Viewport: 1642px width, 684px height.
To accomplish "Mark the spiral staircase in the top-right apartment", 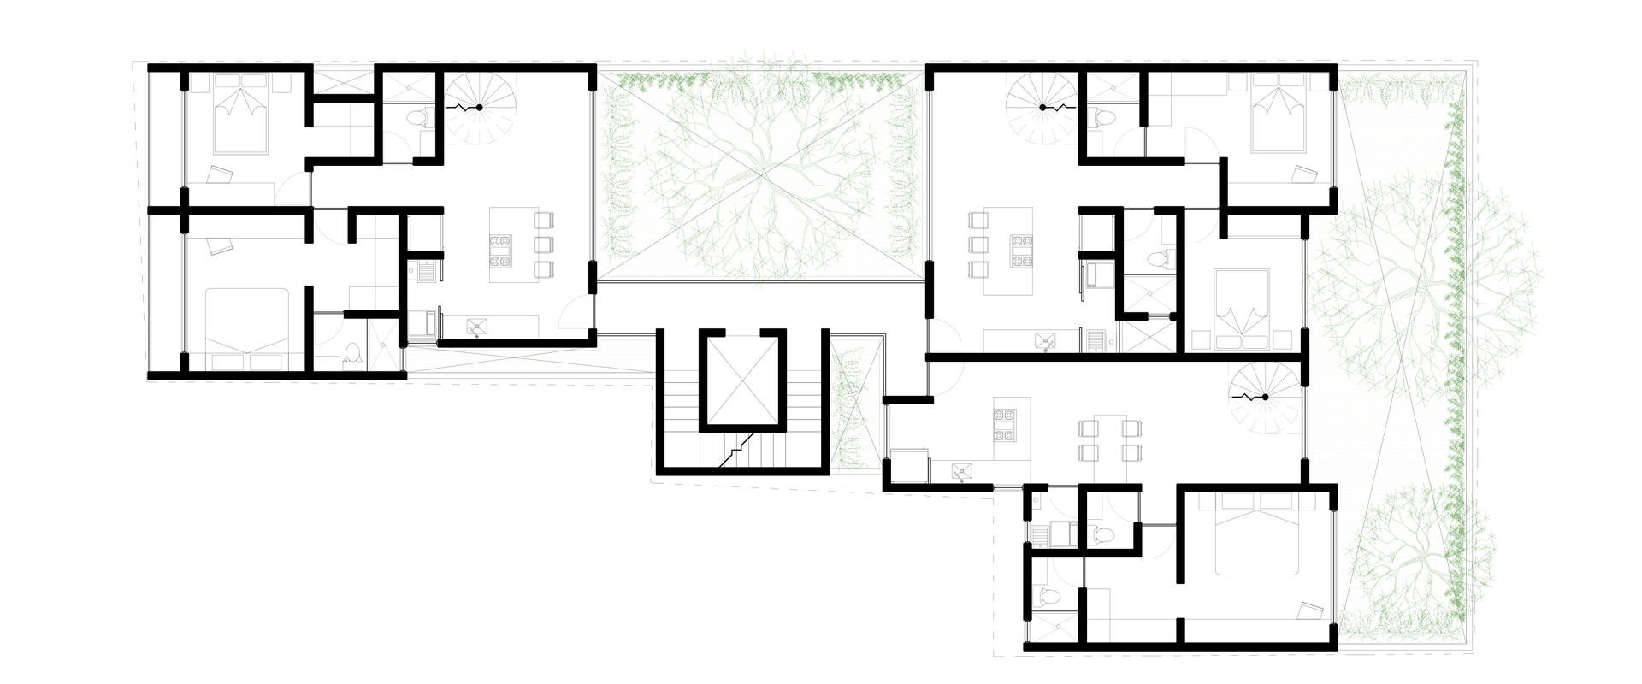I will click(1043, 107).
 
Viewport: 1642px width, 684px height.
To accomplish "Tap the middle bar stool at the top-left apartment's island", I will click(542, 245).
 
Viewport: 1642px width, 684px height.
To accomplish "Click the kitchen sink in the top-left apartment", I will click(475, 326).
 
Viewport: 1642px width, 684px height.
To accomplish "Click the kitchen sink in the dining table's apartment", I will click(964, 469).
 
